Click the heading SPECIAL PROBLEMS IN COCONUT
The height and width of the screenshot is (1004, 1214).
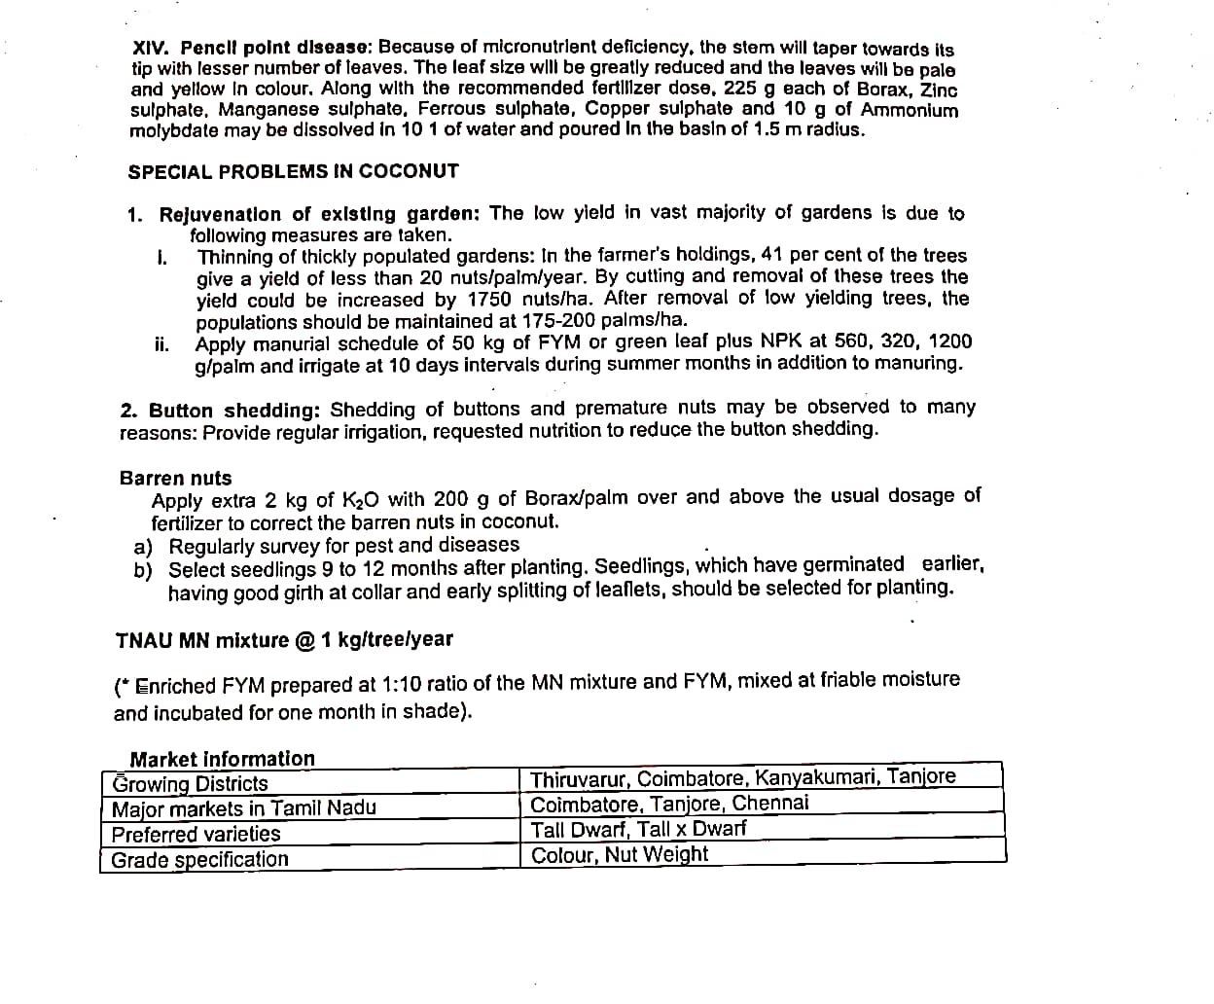point(293,171)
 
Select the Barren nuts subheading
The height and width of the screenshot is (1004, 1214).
point(175,478)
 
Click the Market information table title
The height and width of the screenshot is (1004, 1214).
point(222,759)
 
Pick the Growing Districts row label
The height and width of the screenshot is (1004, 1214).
point(190,784)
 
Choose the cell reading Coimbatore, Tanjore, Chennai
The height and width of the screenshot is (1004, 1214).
point(669,804)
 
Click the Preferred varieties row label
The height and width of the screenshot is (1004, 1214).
point(196,835)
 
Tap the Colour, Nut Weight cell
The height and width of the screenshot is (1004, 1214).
point(620,855)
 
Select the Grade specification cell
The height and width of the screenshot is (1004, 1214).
point(199,860)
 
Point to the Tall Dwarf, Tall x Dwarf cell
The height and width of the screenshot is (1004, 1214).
point(638,829)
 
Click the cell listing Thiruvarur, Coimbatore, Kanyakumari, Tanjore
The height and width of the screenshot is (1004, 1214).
point(743,777)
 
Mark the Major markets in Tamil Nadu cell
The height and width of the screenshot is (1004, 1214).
point(243,808)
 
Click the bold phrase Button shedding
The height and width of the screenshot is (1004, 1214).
point(234,410)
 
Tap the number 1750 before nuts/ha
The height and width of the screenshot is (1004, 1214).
point(490,299)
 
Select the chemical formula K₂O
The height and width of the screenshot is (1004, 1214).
point(360,500)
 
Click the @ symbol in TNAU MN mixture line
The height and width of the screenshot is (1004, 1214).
point(304,640)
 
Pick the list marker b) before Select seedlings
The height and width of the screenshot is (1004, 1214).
point(143,570)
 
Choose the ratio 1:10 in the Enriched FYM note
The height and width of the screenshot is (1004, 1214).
point(401,683)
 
